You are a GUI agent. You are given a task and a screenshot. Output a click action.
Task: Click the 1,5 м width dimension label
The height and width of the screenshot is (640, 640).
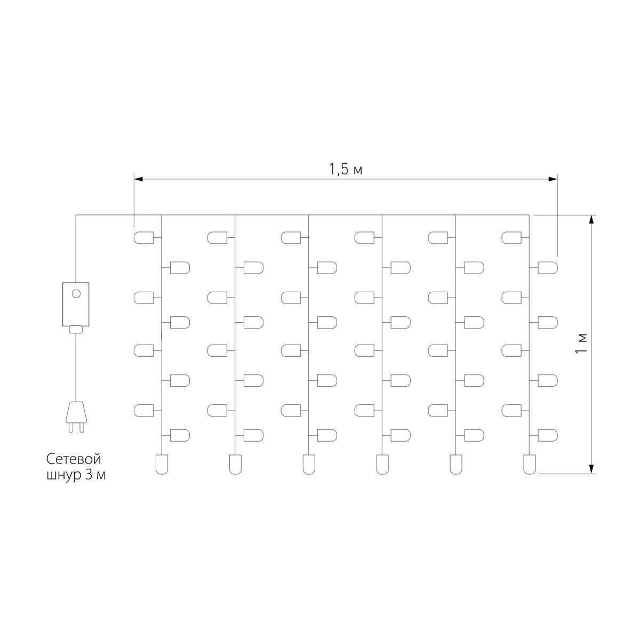point(346,170)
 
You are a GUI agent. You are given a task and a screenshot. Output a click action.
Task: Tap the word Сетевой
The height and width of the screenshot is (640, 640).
point(73,459)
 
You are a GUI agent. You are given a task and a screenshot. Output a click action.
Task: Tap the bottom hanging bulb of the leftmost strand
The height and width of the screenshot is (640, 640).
point(161,463)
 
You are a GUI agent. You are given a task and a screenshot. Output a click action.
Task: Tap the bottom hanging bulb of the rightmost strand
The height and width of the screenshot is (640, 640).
point(529,463)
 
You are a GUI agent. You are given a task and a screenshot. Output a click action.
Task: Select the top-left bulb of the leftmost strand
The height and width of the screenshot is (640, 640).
point(143,237)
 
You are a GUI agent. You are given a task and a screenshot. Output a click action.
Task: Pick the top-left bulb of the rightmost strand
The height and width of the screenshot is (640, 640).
point(511,237)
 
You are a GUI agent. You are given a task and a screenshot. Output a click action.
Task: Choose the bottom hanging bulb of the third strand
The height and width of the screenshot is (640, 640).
point(308,463)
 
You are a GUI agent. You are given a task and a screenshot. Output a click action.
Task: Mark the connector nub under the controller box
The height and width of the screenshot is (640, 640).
point(76,329)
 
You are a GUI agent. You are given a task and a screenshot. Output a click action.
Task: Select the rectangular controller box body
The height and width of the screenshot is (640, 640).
point(76,304)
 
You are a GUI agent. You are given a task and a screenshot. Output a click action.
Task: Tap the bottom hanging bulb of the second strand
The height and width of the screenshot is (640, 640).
point(235,463)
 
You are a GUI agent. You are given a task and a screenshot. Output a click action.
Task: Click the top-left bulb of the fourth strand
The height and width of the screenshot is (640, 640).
point(364,237)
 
